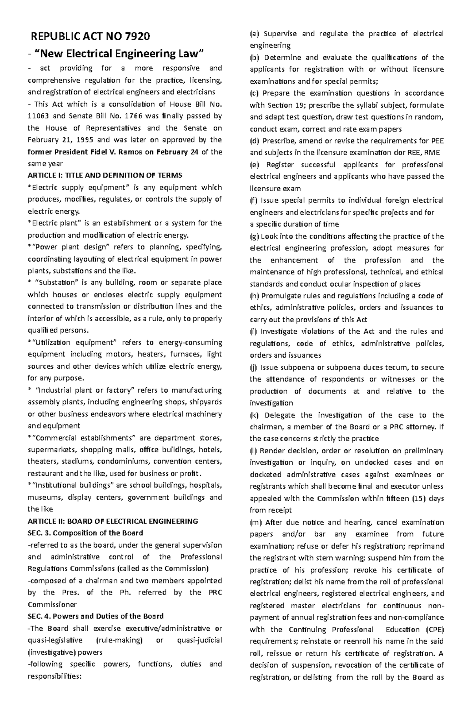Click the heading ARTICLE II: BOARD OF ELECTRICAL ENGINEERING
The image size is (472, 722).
(x=112, y=521)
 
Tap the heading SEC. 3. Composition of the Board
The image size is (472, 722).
(x=85, y=533)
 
